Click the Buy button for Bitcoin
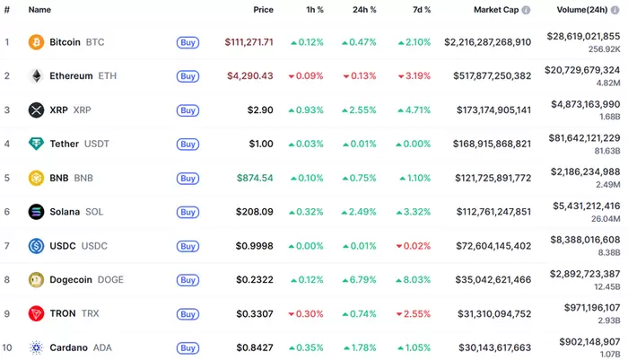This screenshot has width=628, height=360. click(x=188, y=42)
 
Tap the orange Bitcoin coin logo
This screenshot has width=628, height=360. click(x=36, y=42)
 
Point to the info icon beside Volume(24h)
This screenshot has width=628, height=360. click(x=615, y=10)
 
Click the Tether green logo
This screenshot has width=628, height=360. click(x=36, y=144)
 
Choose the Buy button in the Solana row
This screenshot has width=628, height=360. click(x=188, y=212)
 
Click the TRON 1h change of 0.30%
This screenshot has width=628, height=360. click(x=306, y=313)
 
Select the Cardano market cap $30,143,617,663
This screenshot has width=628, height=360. click(x=487, y=347)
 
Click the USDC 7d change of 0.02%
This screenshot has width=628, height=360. click(x=414, y=246)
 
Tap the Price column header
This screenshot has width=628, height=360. click(x=263, y=10)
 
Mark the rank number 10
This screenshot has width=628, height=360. click(x=8, y=347)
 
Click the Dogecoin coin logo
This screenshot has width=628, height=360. click(x=36, y=280)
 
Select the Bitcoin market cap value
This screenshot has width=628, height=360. click(x=487, y=42)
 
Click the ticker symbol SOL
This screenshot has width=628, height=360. click(x=94, y=212)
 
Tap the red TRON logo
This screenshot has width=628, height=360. click(x=36, y=313)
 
